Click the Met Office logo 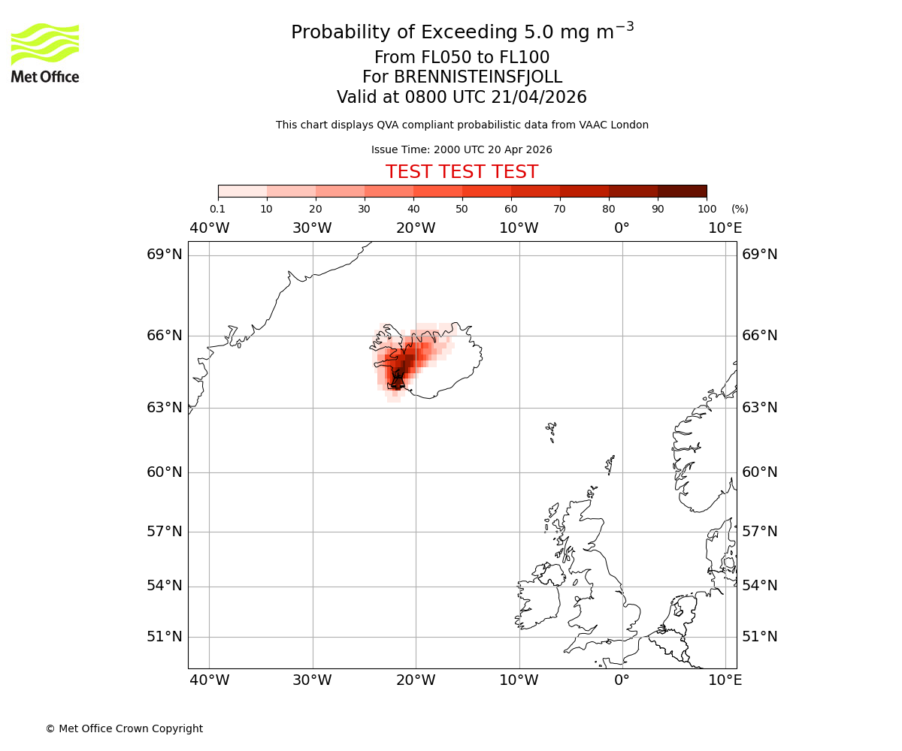45,53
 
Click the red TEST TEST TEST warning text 462,172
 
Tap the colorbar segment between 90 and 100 682,191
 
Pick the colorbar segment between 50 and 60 486,191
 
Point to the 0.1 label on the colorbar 217,209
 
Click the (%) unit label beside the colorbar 740,209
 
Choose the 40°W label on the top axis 209,228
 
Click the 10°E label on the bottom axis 725,680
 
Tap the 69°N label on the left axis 165,255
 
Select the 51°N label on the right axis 759,637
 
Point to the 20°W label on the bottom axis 416,680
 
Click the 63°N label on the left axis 165,408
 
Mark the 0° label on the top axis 622,228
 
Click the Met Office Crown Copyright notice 124,728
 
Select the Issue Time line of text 462,149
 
